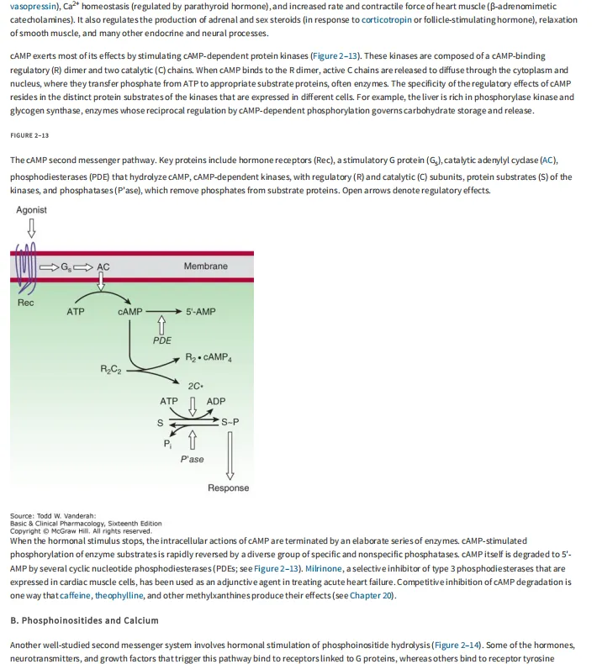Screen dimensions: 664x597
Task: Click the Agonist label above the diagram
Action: [32, 210]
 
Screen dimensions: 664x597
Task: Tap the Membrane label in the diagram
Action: [205, 266]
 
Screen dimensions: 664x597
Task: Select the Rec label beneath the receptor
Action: [25, 303]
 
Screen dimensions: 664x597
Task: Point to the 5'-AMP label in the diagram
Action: [201, 312]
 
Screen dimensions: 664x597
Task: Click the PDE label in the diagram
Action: [162, 340]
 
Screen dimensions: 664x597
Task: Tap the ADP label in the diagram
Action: [216, 401]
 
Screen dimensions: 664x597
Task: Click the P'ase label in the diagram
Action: [192, 460]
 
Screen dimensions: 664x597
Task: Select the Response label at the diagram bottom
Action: [228, 488]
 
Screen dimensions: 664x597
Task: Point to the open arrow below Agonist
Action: [32, 228]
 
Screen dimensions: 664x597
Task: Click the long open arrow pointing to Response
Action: [229, 454]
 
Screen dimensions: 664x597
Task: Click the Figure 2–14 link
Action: [458, 645]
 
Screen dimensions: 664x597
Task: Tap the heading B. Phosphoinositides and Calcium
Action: [84, 620]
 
